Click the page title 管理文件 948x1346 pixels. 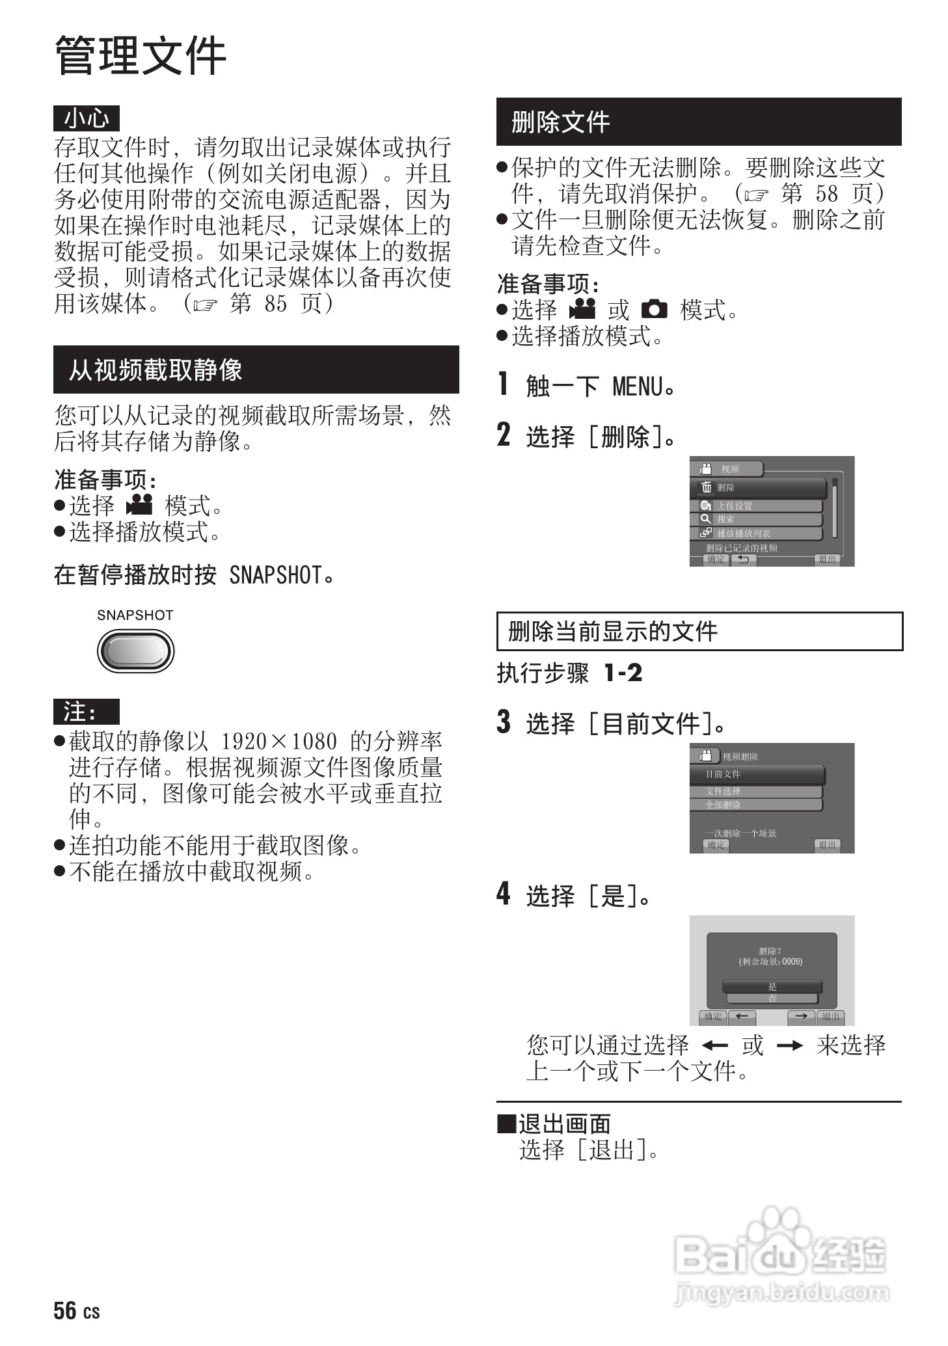coord(141,56)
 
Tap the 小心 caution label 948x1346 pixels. coord(87,118)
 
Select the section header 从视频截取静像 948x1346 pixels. coord(156,370)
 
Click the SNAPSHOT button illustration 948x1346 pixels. coord(135,651)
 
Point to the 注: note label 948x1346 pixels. coord(86,712)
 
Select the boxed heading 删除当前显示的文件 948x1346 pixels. coord(613,631)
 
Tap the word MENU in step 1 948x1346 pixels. coord(638,387)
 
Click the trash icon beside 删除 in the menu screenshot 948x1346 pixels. coord(707,487)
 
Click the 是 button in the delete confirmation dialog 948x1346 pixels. coord(772,986)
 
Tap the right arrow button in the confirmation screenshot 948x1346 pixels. coord(801,1016)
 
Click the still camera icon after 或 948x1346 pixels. coord(653,309)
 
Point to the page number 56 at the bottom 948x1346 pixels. coord(65,1310)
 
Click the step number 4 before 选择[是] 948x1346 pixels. coord(504,894)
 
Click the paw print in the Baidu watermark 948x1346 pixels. coord(778,1226)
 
